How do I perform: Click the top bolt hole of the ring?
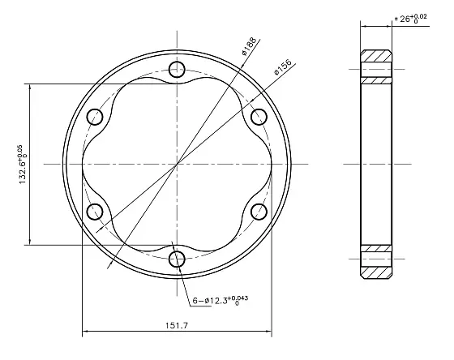pos(177,68)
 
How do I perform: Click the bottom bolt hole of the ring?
pos(177,259)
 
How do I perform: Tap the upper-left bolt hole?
pos(94,115)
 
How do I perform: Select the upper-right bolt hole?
pos(259,115)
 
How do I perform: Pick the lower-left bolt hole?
pos(94,212)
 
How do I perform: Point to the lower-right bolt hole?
pos(259,212)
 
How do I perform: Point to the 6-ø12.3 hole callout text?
pos(220,300)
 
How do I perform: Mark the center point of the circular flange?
pos(177,164)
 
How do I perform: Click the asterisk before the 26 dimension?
pos(395,19)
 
